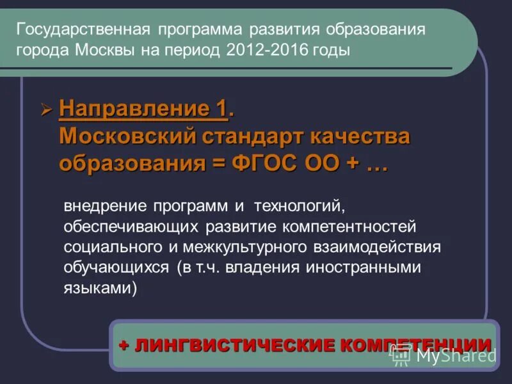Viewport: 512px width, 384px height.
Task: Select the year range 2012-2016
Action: (264, 51)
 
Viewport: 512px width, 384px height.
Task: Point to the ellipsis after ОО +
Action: (378, 163)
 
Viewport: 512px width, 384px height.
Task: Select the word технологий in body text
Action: (301, 206)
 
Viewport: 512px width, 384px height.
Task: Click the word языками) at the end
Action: (100, 288)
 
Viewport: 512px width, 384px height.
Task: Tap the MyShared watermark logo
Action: (442, 356)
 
